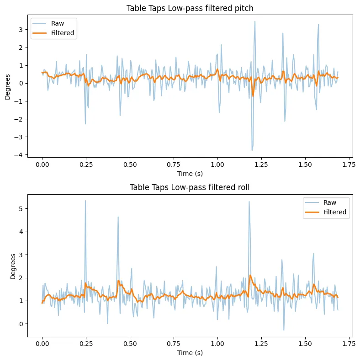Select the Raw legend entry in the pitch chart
point(58,23)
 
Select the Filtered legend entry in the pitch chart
point(62,33)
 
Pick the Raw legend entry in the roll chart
point(331,202)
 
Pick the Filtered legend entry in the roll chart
point(334,212)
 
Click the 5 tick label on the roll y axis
point(21,209)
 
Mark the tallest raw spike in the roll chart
point(85,201)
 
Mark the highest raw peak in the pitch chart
point(255,21)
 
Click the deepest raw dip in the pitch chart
point(252,151)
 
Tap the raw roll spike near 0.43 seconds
point(118,217)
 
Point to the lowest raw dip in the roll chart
point(283,330)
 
